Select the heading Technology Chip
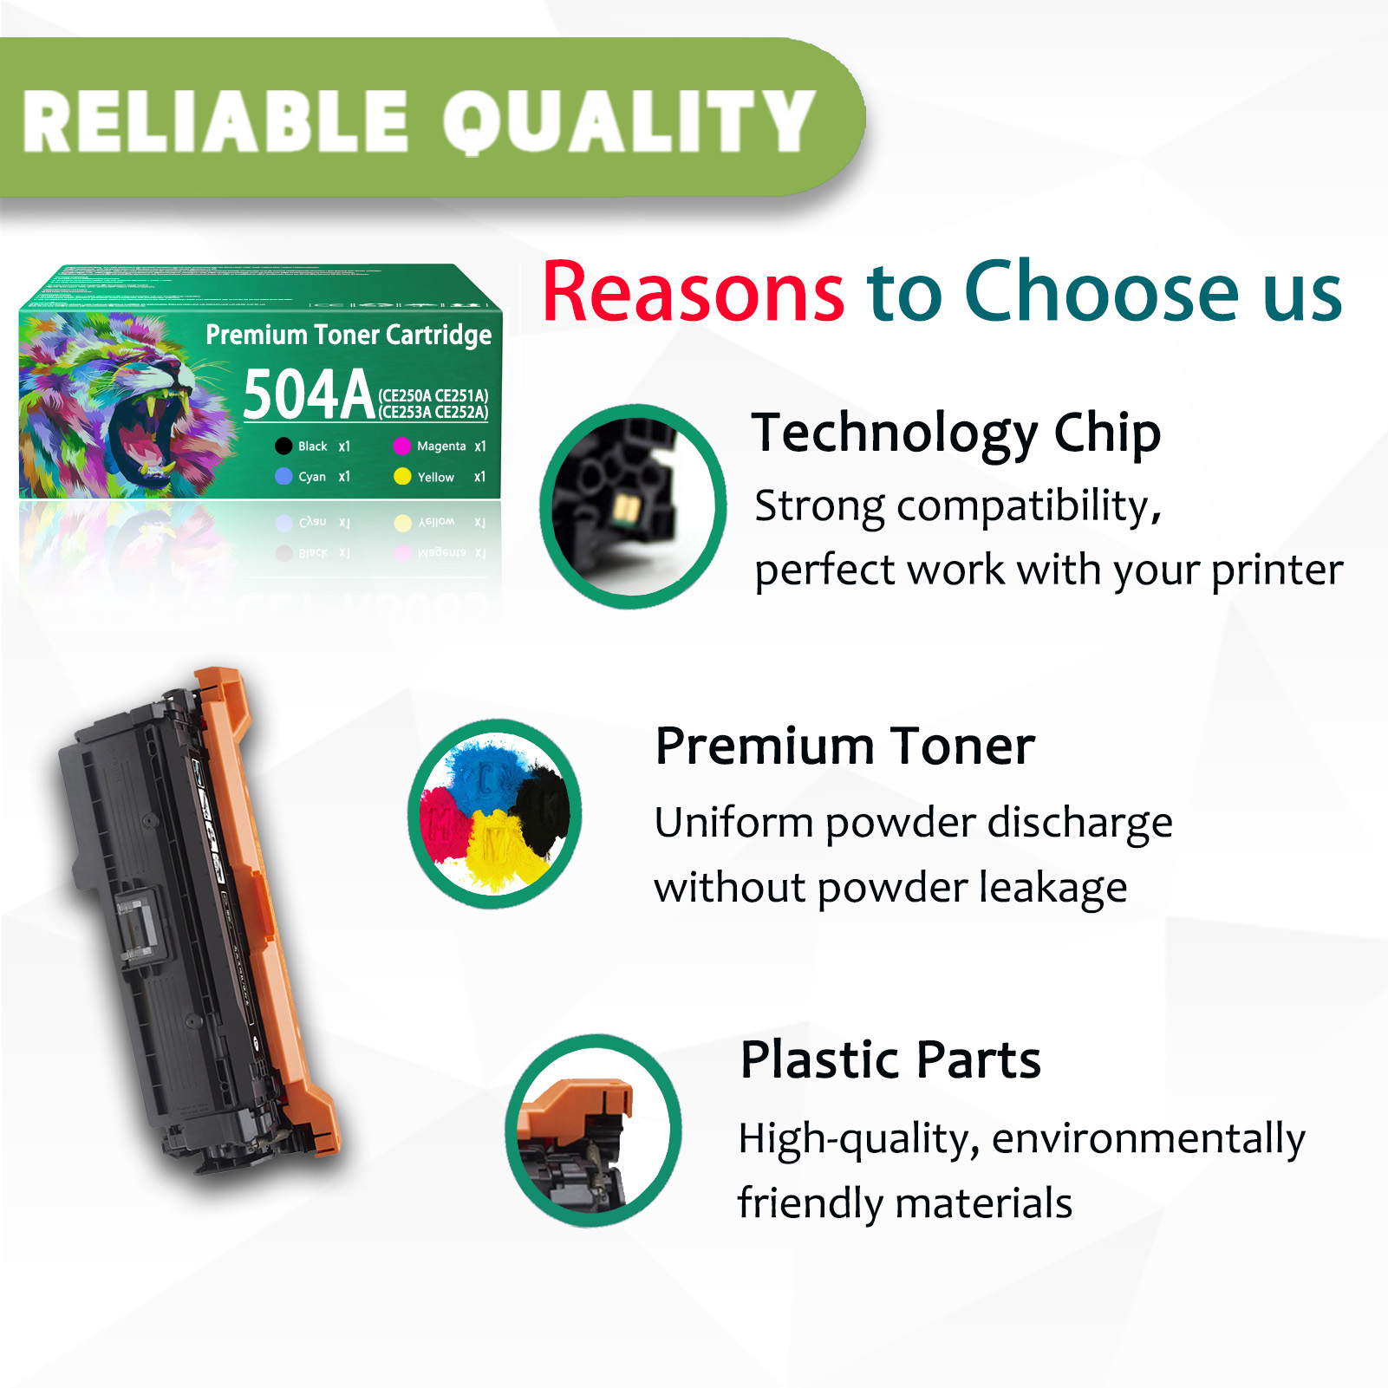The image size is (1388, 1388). coord(955,433)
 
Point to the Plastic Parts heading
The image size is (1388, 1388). coord(890,1059)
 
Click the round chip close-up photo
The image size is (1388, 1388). coord(633,506)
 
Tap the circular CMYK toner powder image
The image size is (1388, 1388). coord(495,813)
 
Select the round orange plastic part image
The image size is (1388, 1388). coord(594,1131)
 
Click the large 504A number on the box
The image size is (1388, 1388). coord(308,395)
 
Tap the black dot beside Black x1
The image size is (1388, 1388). coord(283,446)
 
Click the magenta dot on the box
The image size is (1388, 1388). coord(401,446)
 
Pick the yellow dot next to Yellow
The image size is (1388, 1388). coord(401,477)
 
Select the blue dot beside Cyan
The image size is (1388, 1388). coord(283,477)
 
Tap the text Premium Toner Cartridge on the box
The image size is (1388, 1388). coord(349,335)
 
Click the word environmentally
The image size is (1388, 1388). coord(1148,1139)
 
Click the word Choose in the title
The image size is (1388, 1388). coord(1102,293)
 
